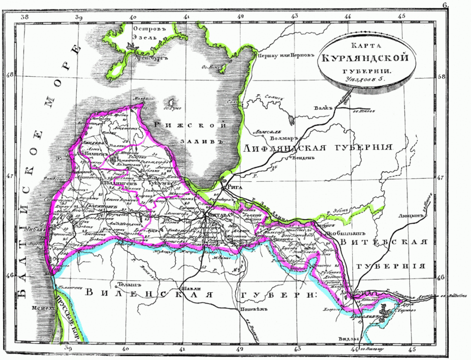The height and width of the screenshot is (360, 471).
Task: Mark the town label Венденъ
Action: point(302,159)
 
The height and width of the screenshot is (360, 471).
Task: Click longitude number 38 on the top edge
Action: point(25,17)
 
